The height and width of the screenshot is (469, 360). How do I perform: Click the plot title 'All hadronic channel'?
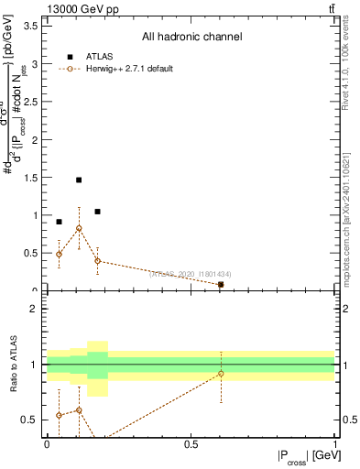[191, 38]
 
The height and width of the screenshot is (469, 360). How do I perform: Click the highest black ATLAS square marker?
[79, 180]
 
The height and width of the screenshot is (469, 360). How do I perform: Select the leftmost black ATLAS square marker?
[59, 222]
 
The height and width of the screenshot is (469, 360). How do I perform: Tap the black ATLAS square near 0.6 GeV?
[221, 285]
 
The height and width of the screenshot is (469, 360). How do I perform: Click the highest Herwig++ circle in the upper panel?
[79, 228]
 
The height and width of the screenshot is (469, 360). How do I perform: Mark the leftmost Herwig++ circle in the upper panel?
[59, 254]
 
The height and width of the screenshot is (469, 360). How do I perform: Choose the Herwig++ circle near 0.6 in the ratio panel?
[221, 374]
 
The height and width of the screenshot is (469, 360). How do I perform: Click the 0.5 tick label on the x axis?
[191, 444]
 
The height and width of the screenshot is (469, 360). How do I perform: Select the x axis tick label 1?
[335, 444]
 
